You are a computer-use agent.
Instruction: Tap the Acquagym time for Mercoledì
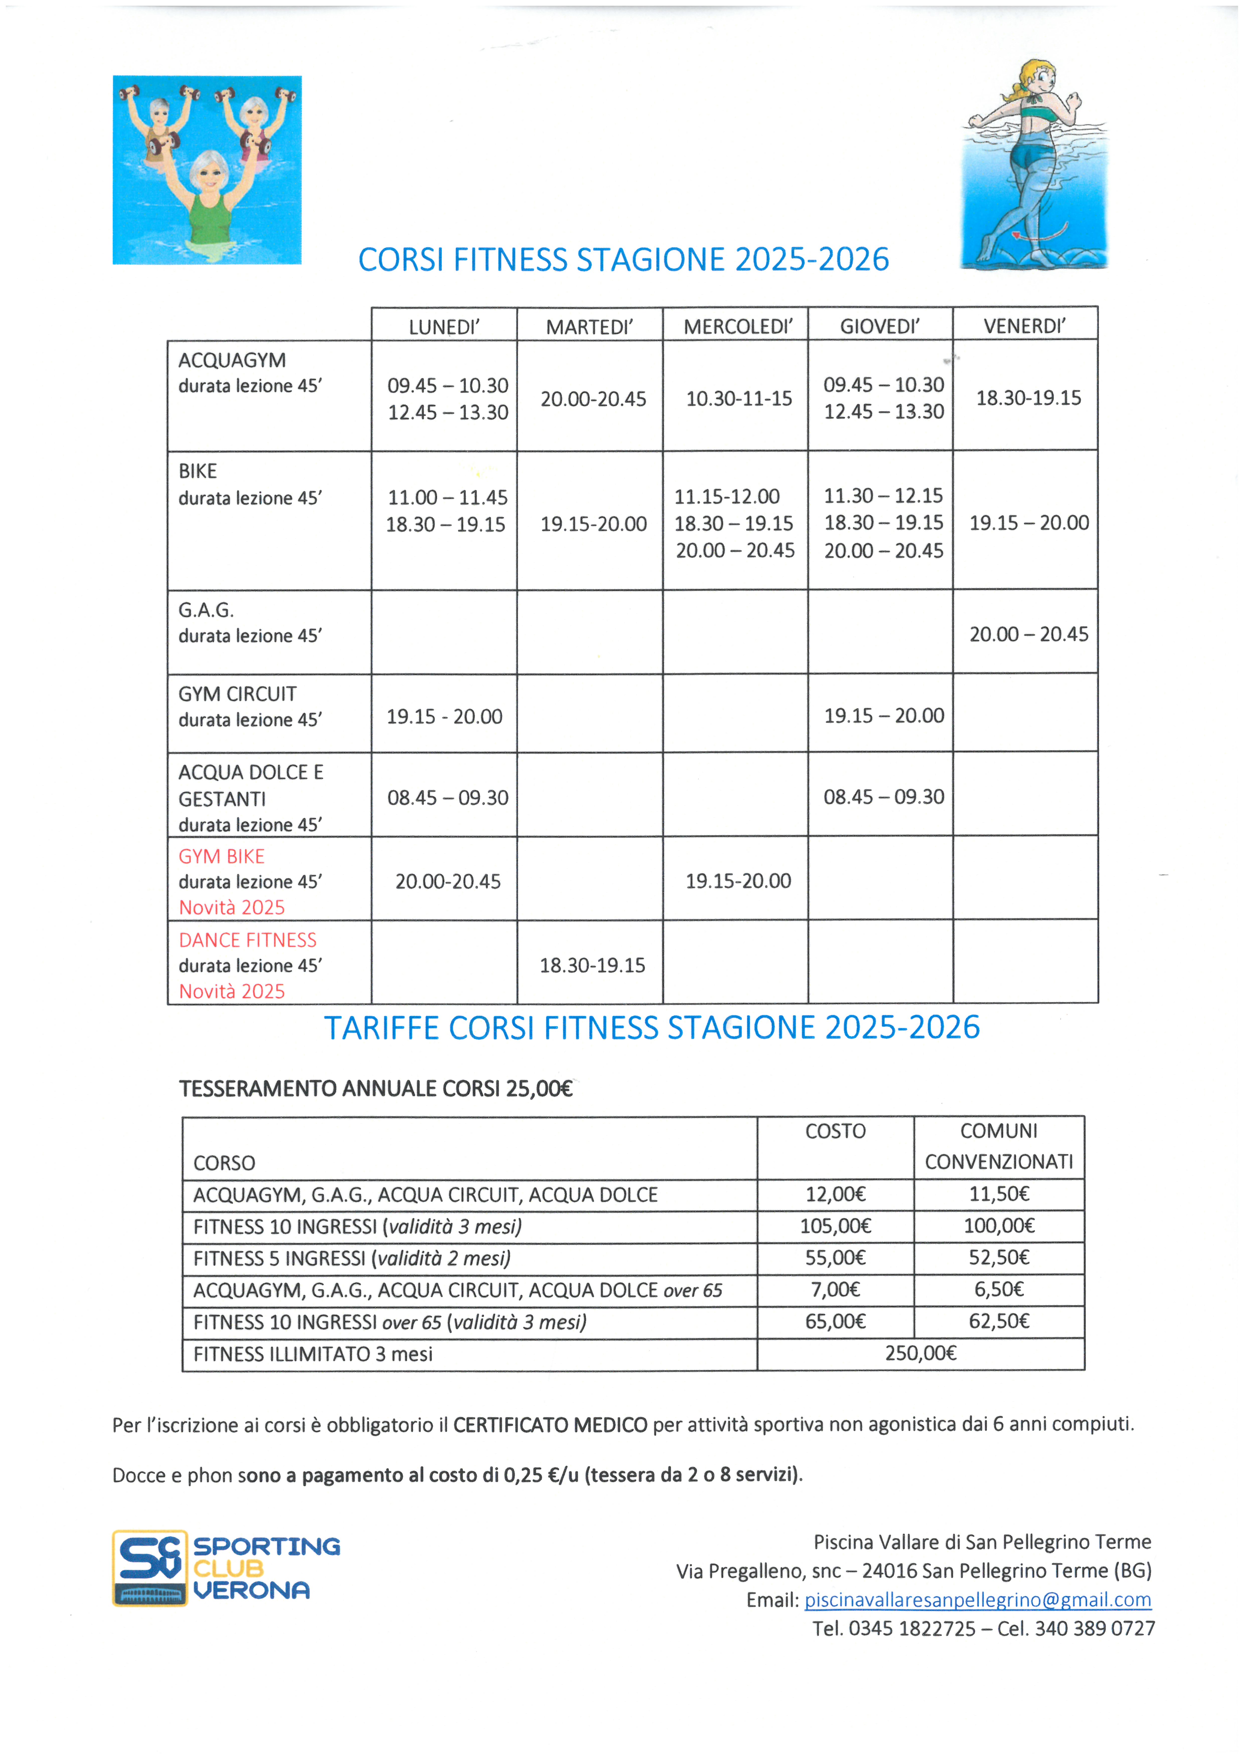point(738,399)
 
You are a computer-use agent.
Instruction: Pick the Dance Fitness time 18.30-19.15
point(592,965)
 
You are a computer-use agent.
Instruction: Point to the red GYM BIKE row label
point(221,856)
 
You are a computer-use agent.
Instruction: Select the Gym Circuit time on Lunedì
point(444,717)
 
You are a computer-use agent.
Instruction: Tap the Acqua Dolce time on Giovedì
point(883,797)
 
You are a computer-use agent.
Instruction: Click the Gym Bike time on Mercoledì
point(737,881)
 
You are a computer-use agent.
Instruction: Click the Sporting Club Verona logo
point(226,1568)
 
